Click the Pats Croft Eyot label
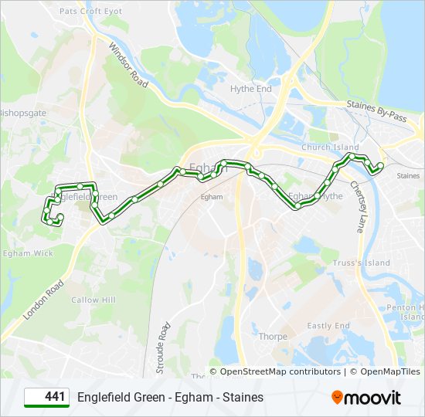pyautogui.click(x=91, y=12)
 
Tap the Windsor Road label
pyautogui.click(x=127, y=63)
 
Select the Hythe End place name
pyautogui.click(x=251, y=89)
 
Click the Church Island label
pyautogui.click(x=330, y=147)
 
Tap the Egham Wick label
pyautogui.click(x=28, y=253)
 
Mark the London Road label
pyautogui.click(x=42, y=300)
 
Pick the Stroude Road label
pyautogui.click(x=163, y=348)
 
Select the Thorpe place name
pyautogui.click(x=273, y=337)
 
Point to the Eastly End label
pyautogui.click(x=328, y=326)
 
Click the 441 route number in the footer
pyautogui.click(x=54, y=397)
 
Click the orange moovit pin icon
pyautogui.click(x=337, y=398)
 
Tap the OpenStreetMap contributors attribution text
pyautogui.click(x=280, y=371)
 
